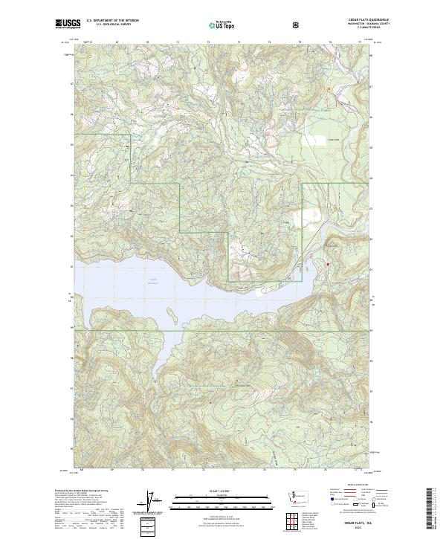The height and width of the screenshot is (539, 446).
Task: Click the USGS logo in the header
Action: click(x=68, y=24)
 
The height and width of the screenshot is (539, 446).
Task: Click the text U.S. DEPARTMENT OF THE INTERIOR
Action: click(x=111, y=21)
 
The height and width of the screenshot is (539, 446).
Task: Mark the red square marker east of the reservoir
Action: click(x=327, y=264)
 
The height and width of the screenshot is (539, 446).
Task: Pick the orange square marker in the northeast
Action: click(x=329, y=91)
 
